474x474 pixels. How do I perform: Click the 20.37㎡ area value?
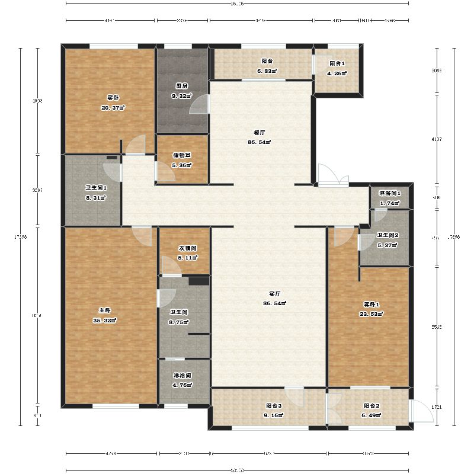[113, 108]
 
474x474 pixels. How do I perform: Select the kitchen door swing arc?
[199, 104]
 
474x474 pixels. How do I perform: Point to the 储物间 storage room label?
[181, 155]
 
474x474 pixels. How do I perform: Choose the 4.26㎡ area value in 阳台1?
[337, 73]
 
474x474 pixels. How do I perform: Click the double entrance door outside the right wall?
[332, 177]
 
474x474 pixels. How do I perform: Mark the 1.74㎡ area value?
[390, 203]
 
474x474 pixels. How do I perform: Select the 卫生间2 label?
[388, 235]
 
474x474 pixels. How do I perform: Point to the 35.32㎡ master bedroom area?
[104, 321]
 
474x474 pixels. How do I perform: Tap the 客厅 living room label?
[274, 294]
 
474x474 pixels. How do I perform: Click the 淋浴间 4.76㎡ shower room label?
[182, 376]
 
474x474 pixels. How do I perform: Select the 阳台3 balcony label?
[274, 406]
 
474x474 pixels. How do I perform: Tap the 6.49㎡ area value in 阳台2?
[371, 415]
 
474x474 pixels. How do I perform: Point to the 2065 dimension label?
[438, 70]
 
